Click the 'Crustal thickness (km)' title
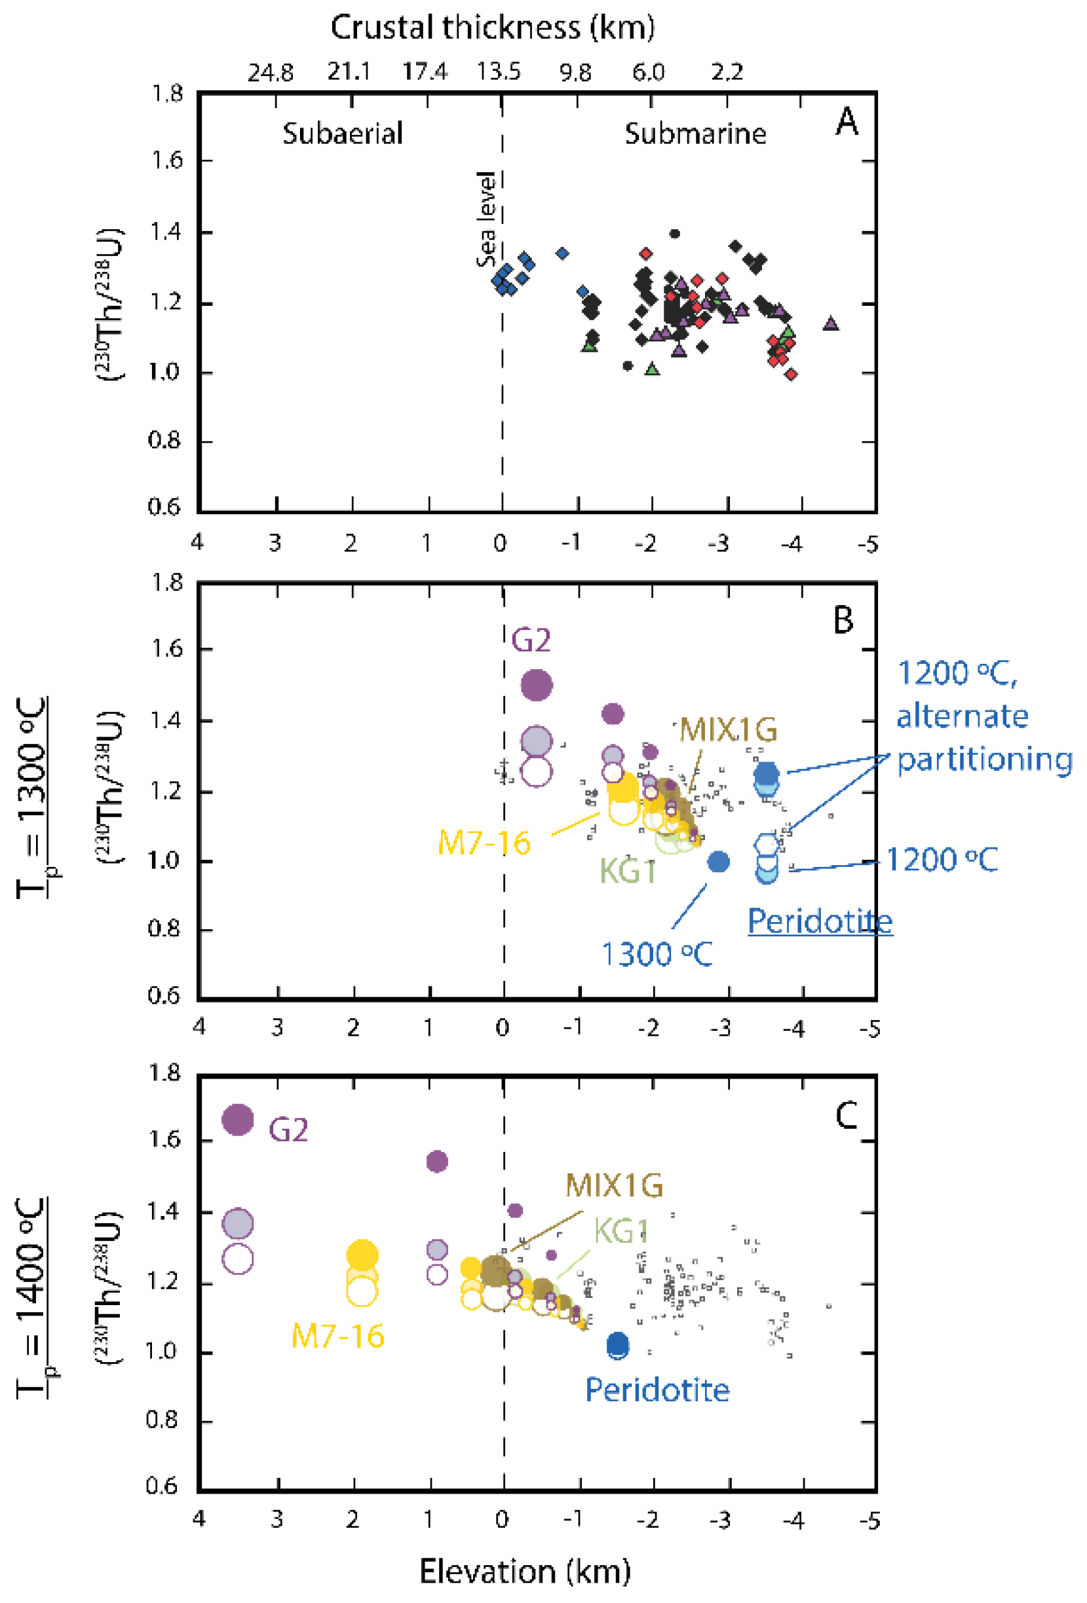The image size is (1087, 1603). [x=492, y=28]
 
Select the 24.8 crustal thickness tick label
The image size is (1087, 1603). [x=271, y=72]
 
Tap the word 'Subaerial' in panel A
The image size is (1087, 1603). [x=342, y=134]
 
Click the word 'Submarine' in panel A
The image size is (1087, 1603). [x=695, y=134]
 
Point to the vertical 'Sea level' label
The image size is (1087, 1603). [x=486, y=219]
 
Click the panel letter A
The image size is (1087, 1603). [x=847, y=122]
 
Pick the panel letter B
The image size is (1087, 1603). [x=843, y=619]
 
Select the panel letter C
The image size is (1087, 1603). [x=846, y=1115]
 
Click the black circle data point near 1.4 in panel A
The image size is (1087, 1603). [x=674, y=234]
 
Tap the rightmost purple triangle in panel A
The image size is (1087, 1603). [x=831, y=323]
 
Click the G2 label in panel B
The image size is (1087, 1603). [x=531, y=641]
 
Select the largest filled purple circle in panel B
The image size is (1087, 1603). [x=536, y=685]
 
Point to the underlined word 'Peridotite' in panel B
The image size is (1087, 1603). [x=820, y=921]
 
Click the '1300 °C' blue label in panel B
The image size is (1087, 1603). [x=657, y=955]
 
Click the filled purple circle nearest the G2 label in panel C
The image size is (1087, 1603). [x=237, y=1119]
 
